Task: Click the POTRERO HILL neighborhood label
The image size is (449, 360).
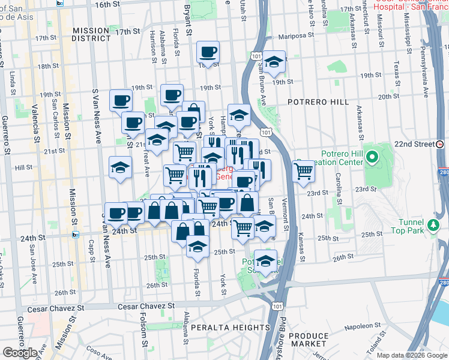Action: [318, 102]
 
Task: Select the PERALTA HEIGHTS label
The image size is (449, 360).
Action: [231, 328]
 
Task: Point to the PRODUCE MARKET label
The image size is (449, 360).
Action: [309, 340]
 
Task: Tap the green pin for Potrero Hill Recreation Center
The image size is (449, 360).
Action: [372, 158]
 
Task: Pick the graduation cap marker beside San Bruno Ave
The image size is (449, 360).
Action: [274, 63]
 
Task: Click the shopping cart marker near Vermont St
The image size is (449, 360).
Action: [304, 171]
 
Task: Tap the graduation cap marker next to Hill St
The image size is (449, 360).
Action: [120, 167]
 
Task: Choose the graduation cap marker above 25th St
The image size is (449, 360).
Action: [197, 247]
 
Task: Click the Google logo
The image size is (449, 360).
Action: [20, 353]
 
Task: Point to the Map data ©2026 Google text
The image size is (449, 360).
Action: [412, 355]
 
